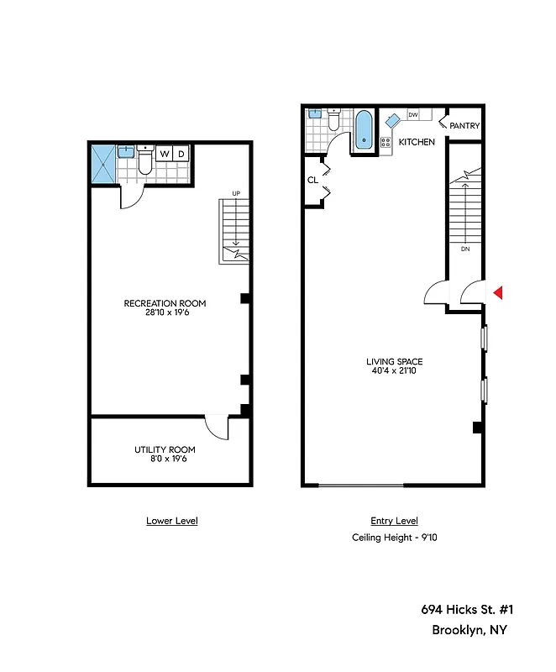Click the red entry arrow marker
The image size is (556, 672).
(498, 292)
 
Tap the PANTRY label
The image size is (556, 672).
(464, 126)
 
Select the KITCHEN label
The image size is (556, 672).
(417, 142)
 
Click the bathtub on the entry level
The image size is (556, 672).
(364, 130)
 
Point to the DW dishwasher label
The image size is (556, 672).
(413, 114)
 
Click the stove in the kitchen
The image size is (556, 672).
(387, 143)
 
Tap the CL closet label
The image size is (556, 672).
(312, 180)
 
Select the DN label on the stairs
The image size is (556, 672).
(464, 249)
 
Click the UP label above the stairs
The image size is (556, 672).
(236, 194)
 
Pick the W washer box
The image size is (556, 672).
(165, 154)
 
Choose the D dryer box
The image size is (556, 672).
(181, 154)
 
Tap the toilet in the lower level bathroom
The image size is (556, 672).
(144, 161)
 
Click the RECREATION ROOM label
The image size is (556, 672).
(165, 303)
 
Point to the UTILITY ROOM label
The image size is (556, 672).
(165, 449)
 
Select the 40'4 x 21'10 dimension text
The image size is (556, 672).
(394, 371)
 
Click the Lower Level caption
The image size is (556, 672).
(171, 521)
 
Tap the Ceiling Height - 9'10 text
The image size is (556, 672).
(394, 538)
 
